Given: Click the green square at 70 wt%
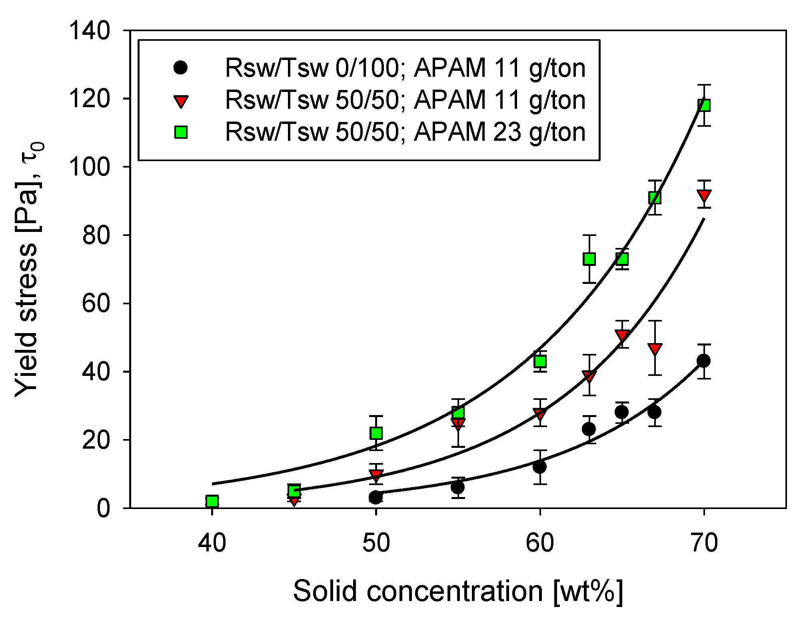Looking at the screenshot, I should point(704,105).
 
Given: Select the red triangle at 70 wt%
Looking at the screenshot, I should point(704,196).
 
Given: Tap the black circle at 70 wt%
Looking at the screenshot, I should point(703,361).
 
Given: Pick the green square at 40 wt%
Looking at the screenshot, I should point(212,501).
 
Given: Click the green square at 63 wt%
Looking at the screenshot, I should point(589,259).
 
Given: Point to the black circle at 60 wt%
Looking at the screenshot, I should point(539,467).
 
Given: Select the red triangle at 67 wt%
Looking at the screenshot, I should point(655,349).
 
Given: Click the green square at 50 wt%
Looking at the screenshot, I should point(376,433).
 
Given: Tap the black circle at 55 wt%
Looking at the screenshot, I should point(457,487).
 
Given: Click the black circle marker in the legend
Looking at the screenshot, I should point(181,68).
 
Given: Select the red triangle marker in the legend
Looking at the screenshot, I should point(181,101).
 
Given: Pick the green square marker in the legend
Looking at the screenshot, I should point(181,132).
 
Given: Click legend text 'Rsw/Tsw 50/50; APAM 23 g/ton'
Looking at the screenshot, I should point(405,132).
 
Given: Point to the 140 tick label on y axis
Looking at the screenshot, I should point(90,31).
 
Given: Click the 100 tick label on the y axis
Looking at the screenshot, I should point(90,167).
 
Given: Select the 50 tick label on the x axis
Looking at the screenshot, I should point(376,543).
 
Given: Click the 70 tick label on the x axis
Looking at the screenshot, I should point(704,543).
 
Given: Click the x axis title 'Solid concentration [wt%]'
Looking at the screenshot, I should point(458,591).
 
